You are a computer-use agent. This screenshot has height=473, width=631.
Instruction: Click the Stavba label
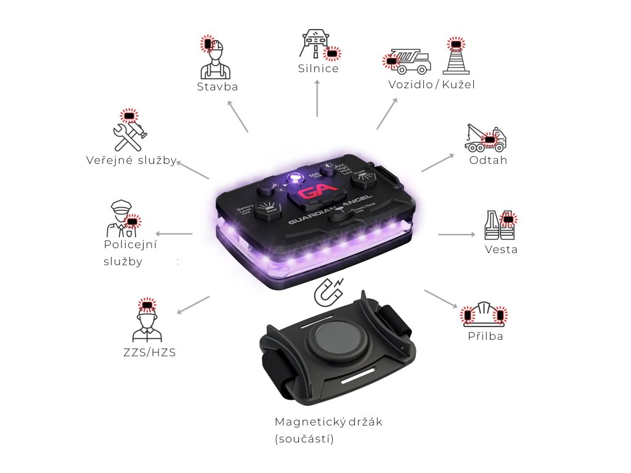click(218, 87)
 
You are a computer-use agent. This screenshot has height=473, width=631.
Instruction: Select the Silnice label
click(318, 68)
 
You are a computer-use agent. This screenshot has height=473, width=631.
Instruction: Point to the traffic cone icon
click(456, 57)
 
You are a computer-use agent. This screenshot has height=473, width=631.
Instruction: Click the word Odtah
click(489, 160)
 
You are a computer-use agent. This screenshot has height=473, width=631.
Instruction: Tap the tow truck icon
click(486, 139)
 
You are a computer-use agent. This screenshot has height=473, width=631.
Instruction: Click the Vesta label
click(501, 249)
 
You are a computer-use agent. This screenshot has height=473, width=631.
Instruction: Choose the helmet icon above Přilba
click(484, 315)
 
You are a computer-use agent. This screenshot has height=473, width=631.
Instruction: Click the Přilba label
click(485, 336)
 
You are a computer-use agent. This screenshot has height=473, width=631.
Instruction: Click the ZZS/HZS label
click(149, 353)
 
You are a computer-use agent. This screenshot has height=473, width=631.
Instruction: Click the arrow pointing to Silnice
click(317, 98)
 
